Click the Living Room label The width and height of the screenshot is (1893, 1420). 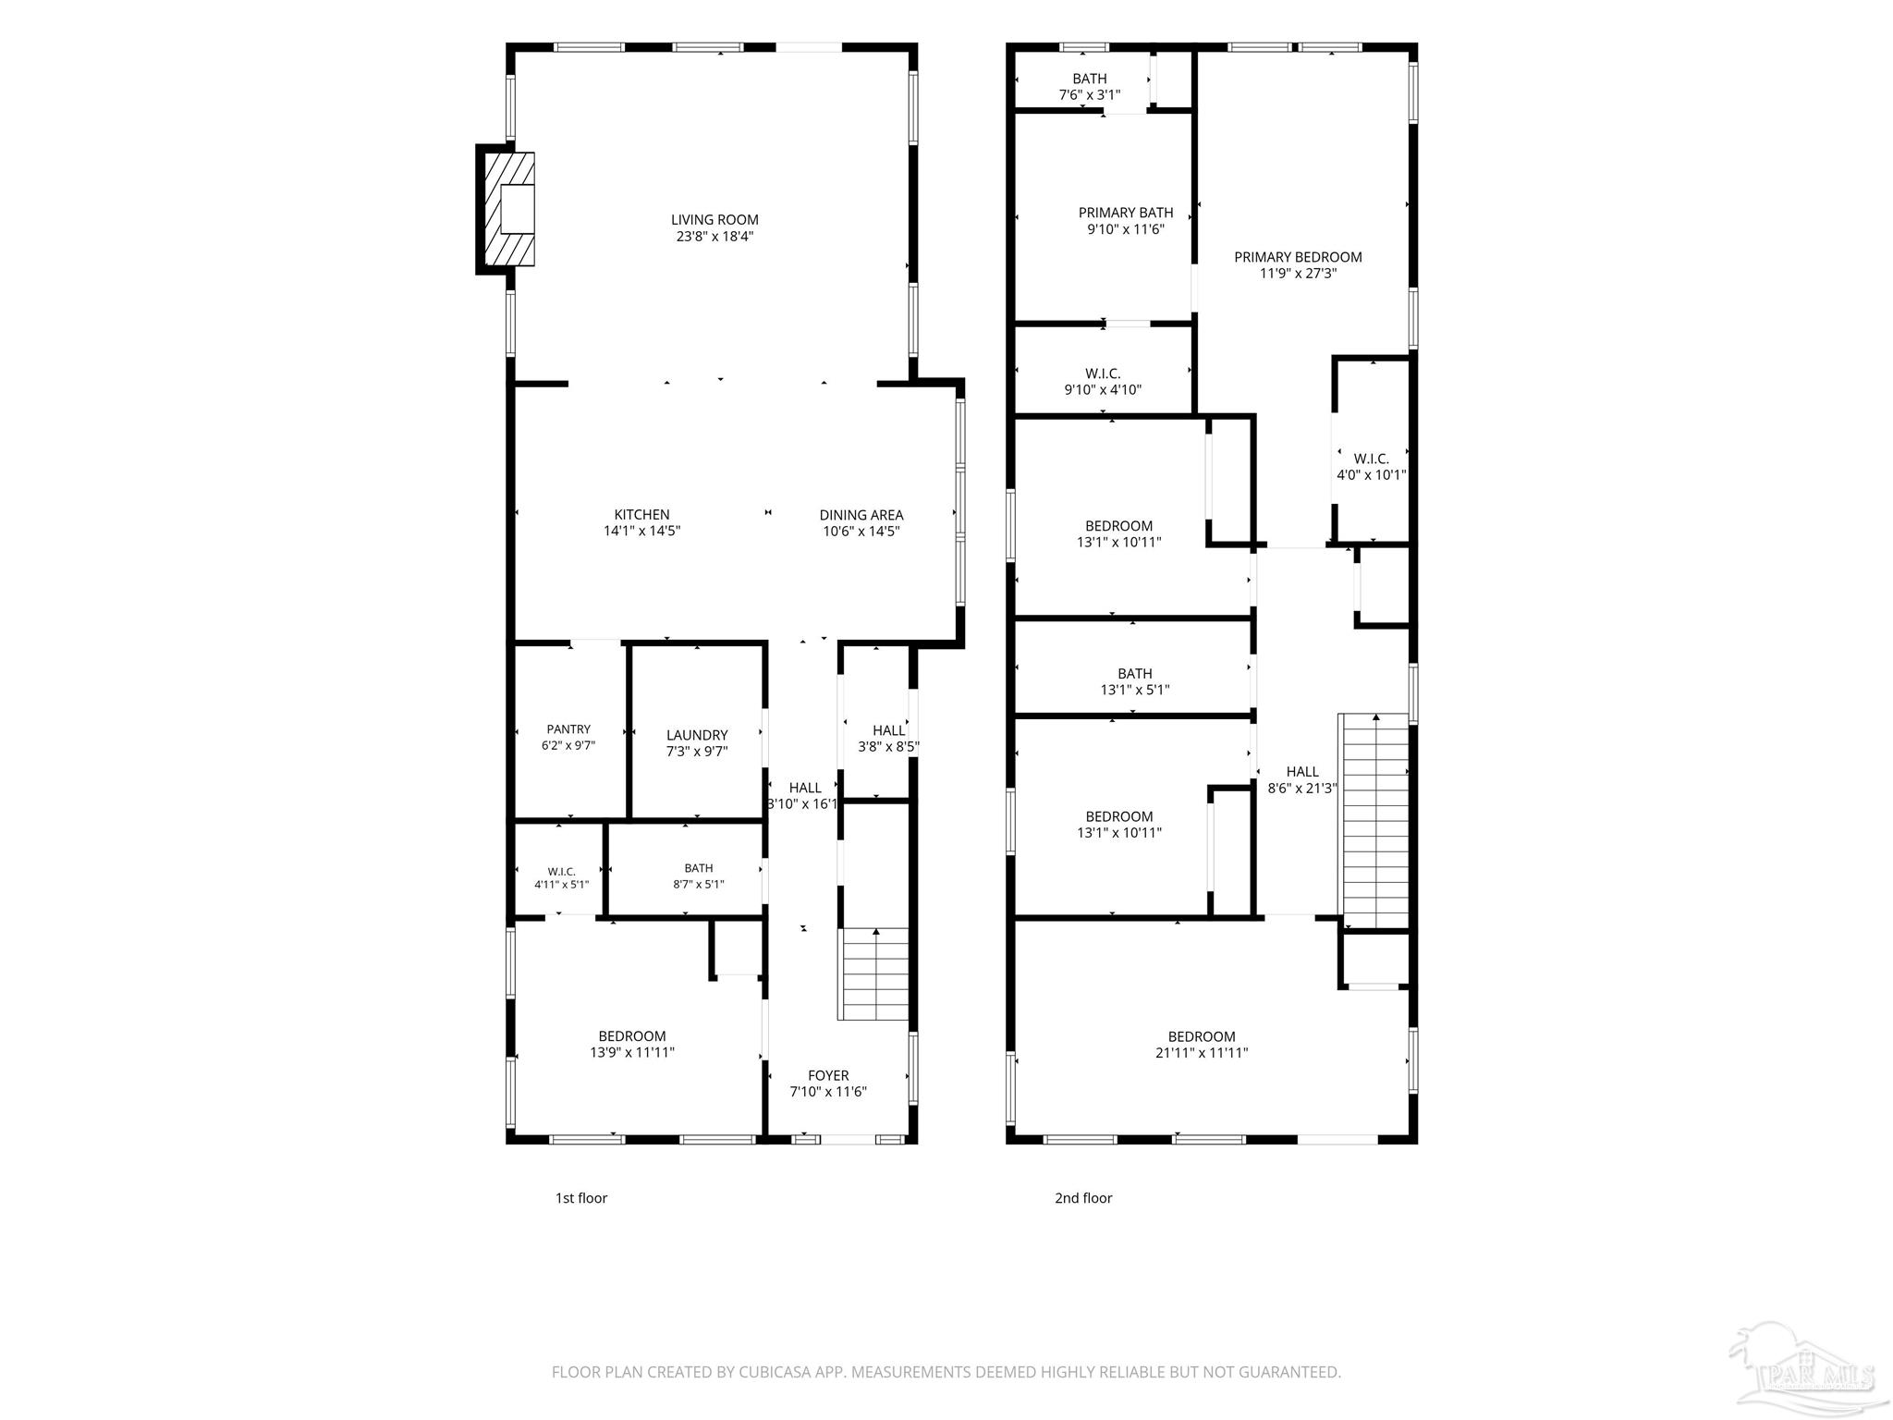(714, 220)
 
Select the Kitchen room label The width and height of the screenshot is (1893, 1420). (641, 515)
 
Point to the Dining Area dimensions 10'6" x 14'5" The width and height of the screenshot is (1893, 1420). (861, 532)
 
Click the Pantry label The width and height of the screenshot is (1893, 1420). (568, 729)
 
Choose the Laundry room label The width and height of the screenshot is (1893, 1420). (697, 736)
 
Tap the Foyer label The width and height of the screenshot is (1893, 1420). (828, 1076)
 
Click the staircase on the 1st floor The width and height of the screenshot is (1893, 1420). (874, 974)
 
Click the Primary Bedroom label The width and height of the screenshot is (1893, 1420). (1298, 257)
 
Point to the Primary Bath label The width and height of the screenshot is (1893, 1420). (1126, 213)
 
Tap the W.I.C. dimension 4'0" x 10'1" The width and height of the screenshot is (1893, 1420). (1372, 475)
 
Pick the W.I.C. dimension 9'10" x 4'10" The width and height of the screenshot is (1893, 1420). (1103, 390)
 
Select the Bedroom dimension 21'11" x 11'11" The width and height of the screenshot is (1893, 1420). (1202, 1053)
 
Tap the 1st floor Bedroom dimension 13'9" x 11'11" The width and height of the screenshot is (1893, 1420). (632, 1052)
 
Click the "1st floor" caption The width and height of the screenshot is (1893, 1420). (580, 1198)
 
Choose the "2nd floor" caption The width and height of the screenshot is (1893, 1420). (1083, 1198)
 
